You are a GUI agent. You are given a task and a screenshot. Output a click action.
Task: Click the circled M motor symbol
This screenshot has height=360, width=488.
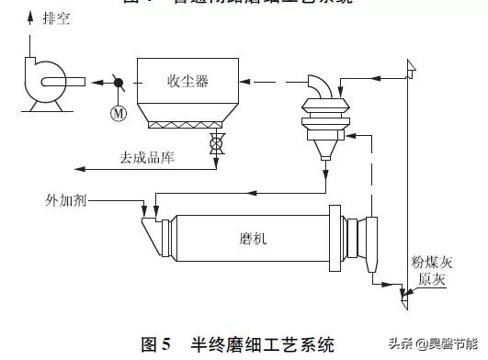click(117, 113)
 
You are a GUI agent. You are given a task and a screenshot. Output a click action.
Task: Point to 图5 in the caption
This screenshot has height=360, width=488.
click(156, 345)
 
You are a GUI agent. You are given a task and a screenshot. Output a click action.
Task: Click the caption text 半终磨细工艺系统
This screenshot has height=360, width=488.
click(262, 345)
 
